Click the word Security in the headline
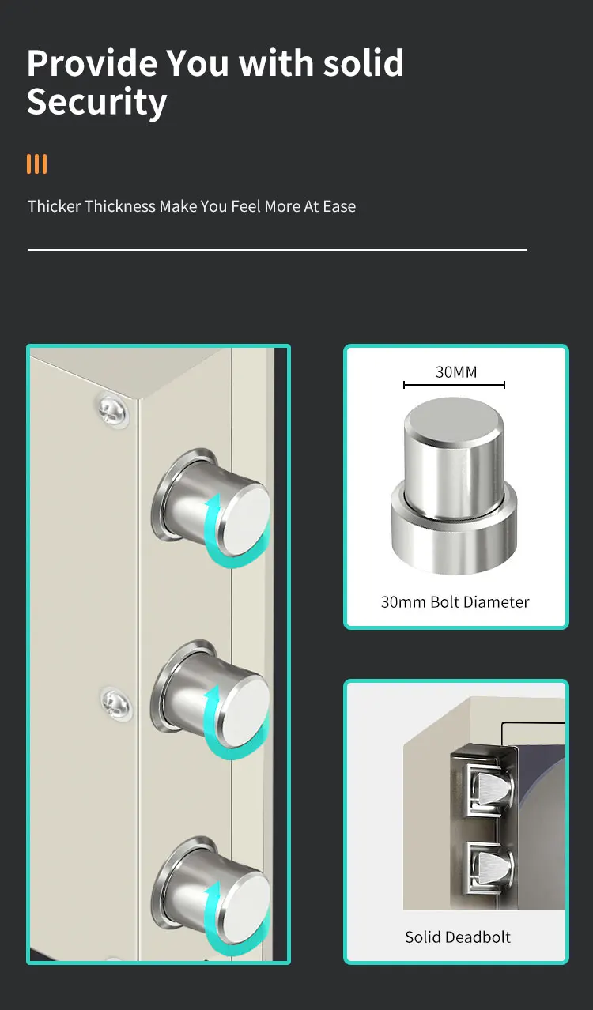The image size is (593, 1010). [96, 103]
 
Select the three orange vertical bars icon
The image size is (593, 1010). [36, 164]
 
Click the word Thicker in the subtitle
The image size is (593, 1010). [54, 206]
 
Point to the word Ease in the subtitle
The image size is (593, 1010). [339, 206]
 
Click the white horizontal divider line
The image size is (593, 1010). [277, 250]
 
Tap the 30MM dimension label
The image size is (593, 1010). [456, 371]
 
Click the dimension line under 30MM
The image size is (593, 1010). [454, 385]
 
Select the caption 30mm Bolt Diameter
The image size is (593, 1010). [455, 602]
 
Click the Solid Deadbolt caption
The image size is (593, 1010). [458, 937]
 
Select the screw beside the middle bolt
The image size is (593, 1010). [116, 700]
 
